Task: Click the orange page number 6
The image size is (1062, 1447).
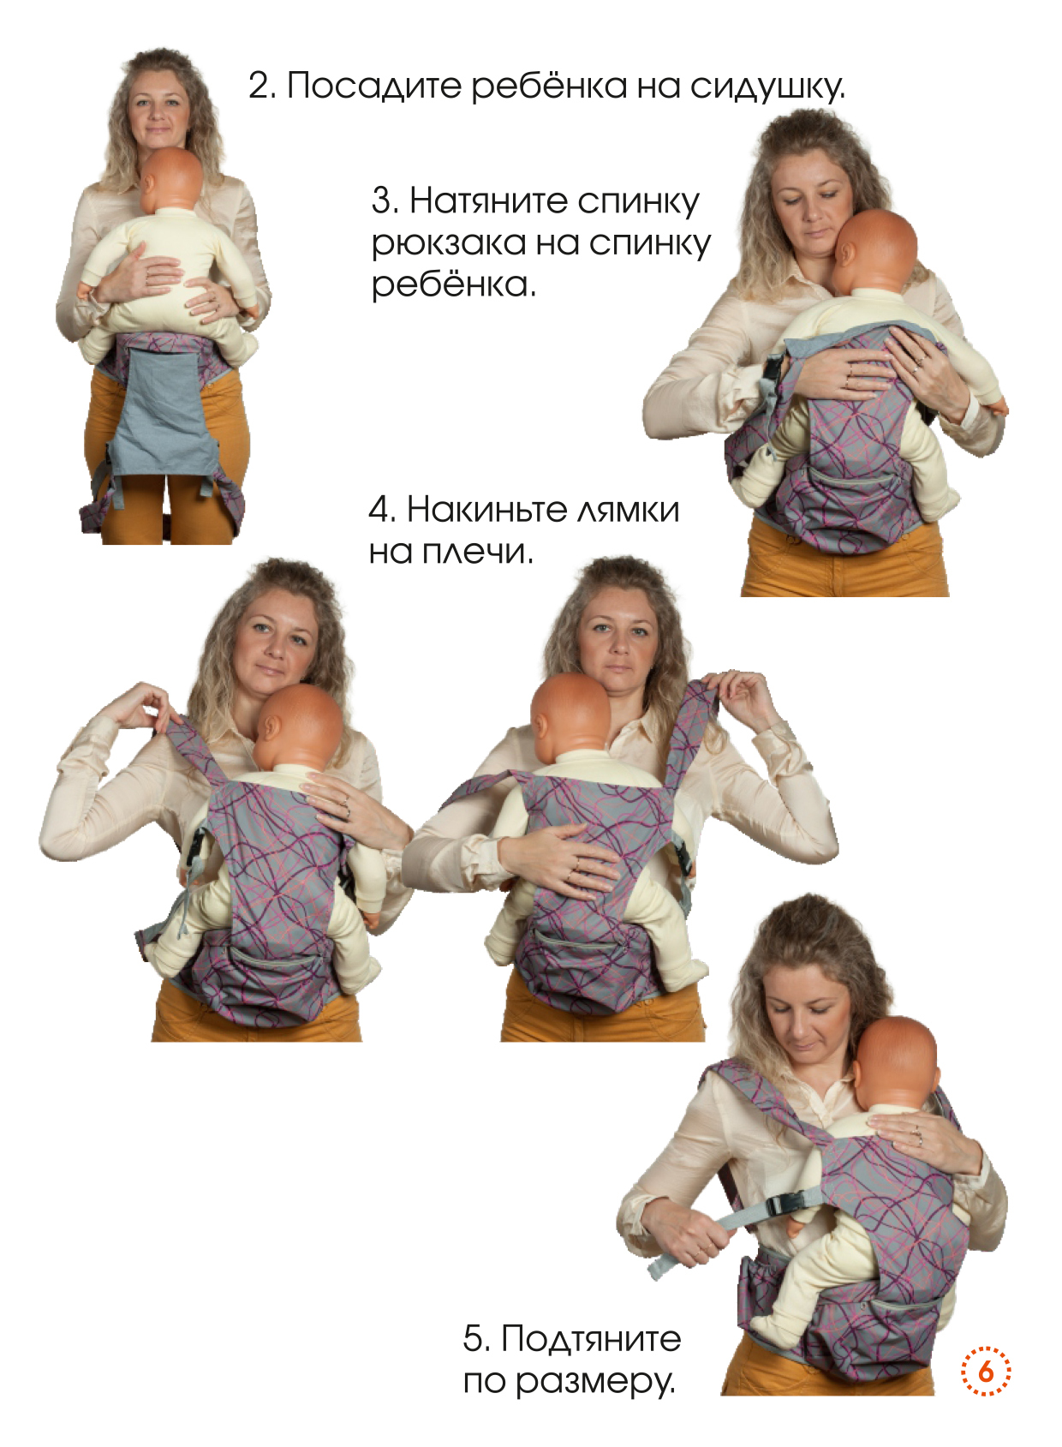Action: [985, 1371]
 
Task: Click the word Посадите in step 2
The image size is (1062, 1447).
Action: [373, 86]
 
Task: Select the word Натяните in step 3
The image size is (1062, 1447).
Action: [488, 200]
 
